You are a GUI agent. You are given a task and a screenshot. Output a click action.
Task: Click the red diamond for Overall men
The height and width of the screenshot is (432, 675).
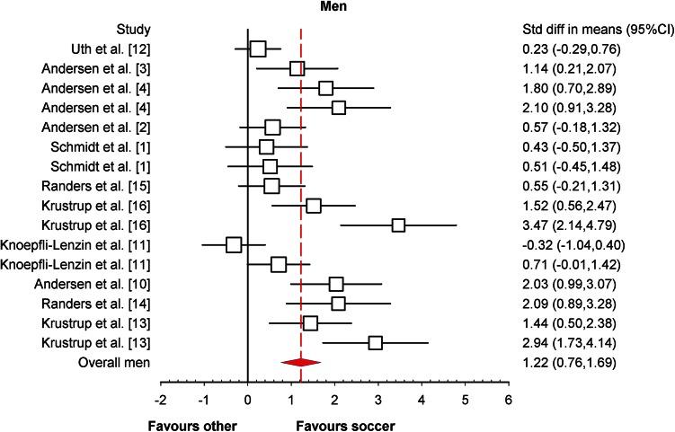(x=300, y=362)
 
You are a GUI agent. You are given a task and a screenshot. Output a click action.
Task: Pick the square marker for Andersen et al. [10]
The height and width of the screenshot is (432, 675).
(x=336, y=284)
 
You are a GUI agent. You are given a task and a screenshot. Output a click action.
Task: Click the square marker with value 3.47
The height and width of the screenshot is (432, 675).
(x=398, y=225)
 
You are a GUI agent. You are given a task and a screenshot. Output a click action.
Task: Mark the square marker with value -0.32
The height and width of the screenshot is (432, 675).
(x=234, y=244)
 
